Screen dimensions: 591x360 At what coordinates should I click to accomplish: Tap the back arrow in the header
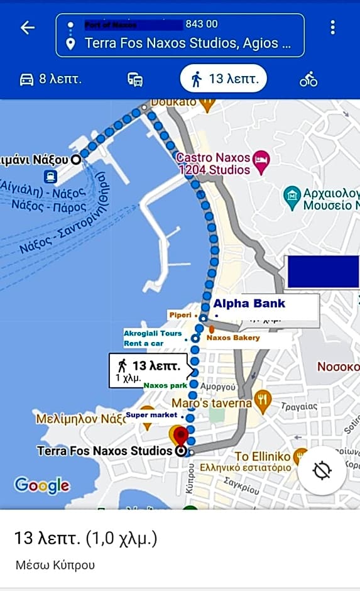click(x=27, y=28)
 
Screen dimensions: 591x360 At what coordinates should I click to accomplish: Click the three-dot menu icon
click(x=332, y=27)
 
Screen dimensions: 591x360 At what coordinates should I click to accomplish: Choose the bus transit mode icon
click(x=134, y=79)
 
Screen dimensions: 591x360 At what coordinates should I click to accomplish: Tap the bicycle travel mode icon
click(x=308, y=79)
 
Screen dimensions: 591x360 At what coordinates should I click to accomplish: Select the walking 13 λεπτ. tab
click(x=224, y=79)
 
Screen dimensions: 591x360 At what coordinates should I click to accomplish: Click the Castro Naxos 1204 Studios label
click(x=214, y=163)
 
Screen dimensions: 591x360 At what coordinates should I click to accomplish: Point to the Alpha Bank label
click(x=249, y=304)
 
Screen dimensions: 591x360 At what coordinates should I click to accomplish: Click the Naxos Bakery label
click(x=233, y=338)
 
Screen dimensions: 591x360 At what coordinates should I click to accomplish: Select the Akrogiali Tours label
click(x=153, y=333)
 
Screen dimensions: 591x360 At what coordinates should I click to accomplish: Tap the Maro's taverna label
click(x=211, y=402)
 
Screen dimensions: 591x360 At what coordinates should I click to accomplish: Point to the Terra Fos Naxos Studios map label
click(x=104, y=451)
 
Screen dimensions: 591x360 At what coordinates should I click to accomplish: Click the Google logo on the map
click(x=42, y=485)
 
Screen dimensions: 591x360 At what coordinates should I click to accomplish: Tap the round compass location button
click(x=322, y=470)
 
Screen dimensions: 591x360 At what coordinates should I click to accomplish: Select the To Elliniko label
click(x=262, y=456)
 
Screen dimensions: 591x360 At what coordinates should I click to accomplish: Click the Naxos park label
click(x=165, y=385)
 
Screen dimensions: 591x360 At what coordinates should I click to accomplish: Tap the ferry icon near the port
click(x=50, y=177)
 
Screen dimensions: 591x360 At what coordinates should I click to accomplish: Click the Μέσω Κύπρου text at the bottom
click(x=55, y=565)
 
